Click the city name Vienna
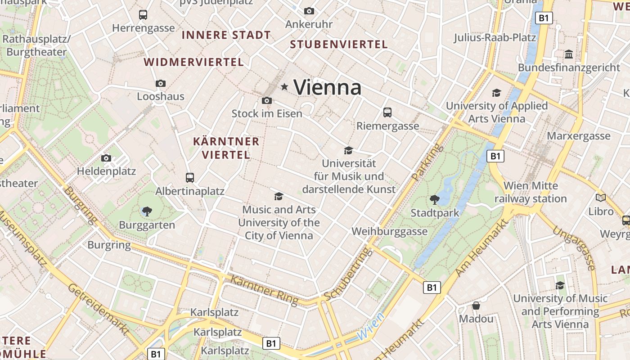(x=328, y=87)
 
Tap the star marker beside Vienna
(x=284, y=86)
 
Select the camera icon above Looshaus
(x=161, y=83)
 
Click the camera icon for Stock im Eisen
(x=266, y=100)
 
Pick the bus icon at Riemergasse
(x=387, y=112)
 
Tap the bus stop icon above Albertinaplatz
(x=190, y=177)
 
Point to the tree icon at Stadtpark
(x=435, y=199)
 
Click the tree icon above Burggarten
(x=147, y=211)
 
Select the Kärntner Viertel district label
(x=226, y=148)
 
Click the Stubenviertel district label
(x=339, y=45)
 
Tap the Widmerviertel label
(x=193, y=62)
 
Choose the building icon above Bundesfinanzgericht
(x=569, y=54)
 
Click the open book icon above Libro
(x=601, y=198)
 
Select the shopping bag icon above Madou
(x=476, y=306)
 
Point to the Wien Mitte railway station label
(x=531, y=192)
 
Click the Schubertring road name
(x=349, y=274)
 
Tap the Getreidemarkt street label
(x=97, y=309)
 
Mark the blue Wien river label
(x=371, y=327)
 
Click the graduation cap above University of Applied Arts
(x=496, y=93)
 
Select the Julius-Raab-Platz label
(x=495, y=37)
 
